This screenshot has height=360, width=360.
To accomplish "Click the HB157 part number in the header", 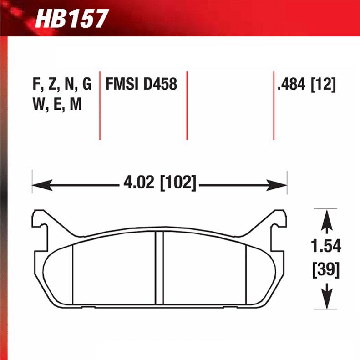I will click(71, 19).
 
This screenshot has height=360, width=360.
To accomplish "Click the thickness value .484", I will click(291, 85).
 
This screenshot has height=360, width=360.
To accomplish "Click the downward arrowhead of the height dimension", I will click(326, 301).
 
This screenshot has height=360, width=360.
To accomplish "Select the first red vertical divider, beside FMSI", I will click(100, 105).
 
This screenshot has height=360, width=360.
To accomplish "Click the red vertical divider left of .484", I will click(274, 105).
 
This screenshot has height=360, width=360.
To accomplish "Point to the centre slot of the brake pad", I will click(159, 269).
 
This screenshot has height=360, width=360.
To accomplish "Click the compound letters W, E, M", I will click(57, 105).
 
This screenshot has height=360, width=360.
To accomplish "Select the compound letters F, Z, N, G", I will click(62, 85).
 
